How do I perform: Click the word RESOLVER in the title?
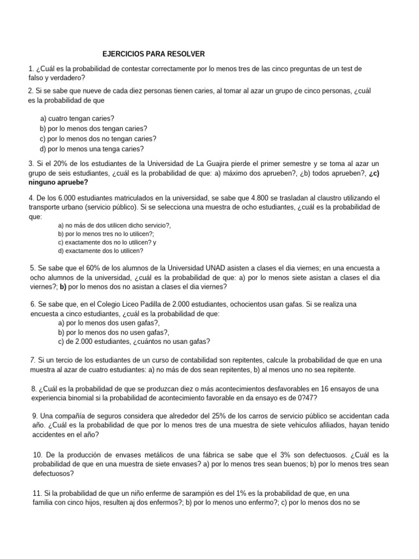[x=185, y=54]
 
